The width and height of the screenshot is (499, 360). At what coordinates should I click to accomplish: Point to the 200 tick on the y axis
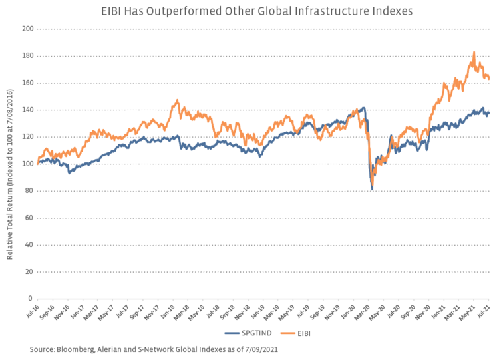point(27,29)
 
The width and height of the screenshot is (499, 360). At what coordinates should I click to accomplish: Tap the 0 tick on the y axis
point(31,299)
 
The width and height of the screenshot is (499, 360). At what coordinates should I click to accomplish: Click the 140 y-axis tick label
point(27,110)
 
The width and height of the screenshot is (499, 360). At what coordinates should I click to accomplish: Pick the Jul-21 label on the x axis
point(488,313)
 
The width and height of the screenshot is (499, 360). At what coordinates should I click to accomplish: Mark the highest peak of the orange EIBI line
point(455,52)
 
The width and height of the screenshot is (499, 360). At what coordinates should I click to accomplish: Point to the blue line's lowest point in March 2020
point(372,190)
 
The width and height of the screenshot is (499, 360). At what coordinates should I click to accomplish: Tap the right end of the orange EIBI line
point(490,79)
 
